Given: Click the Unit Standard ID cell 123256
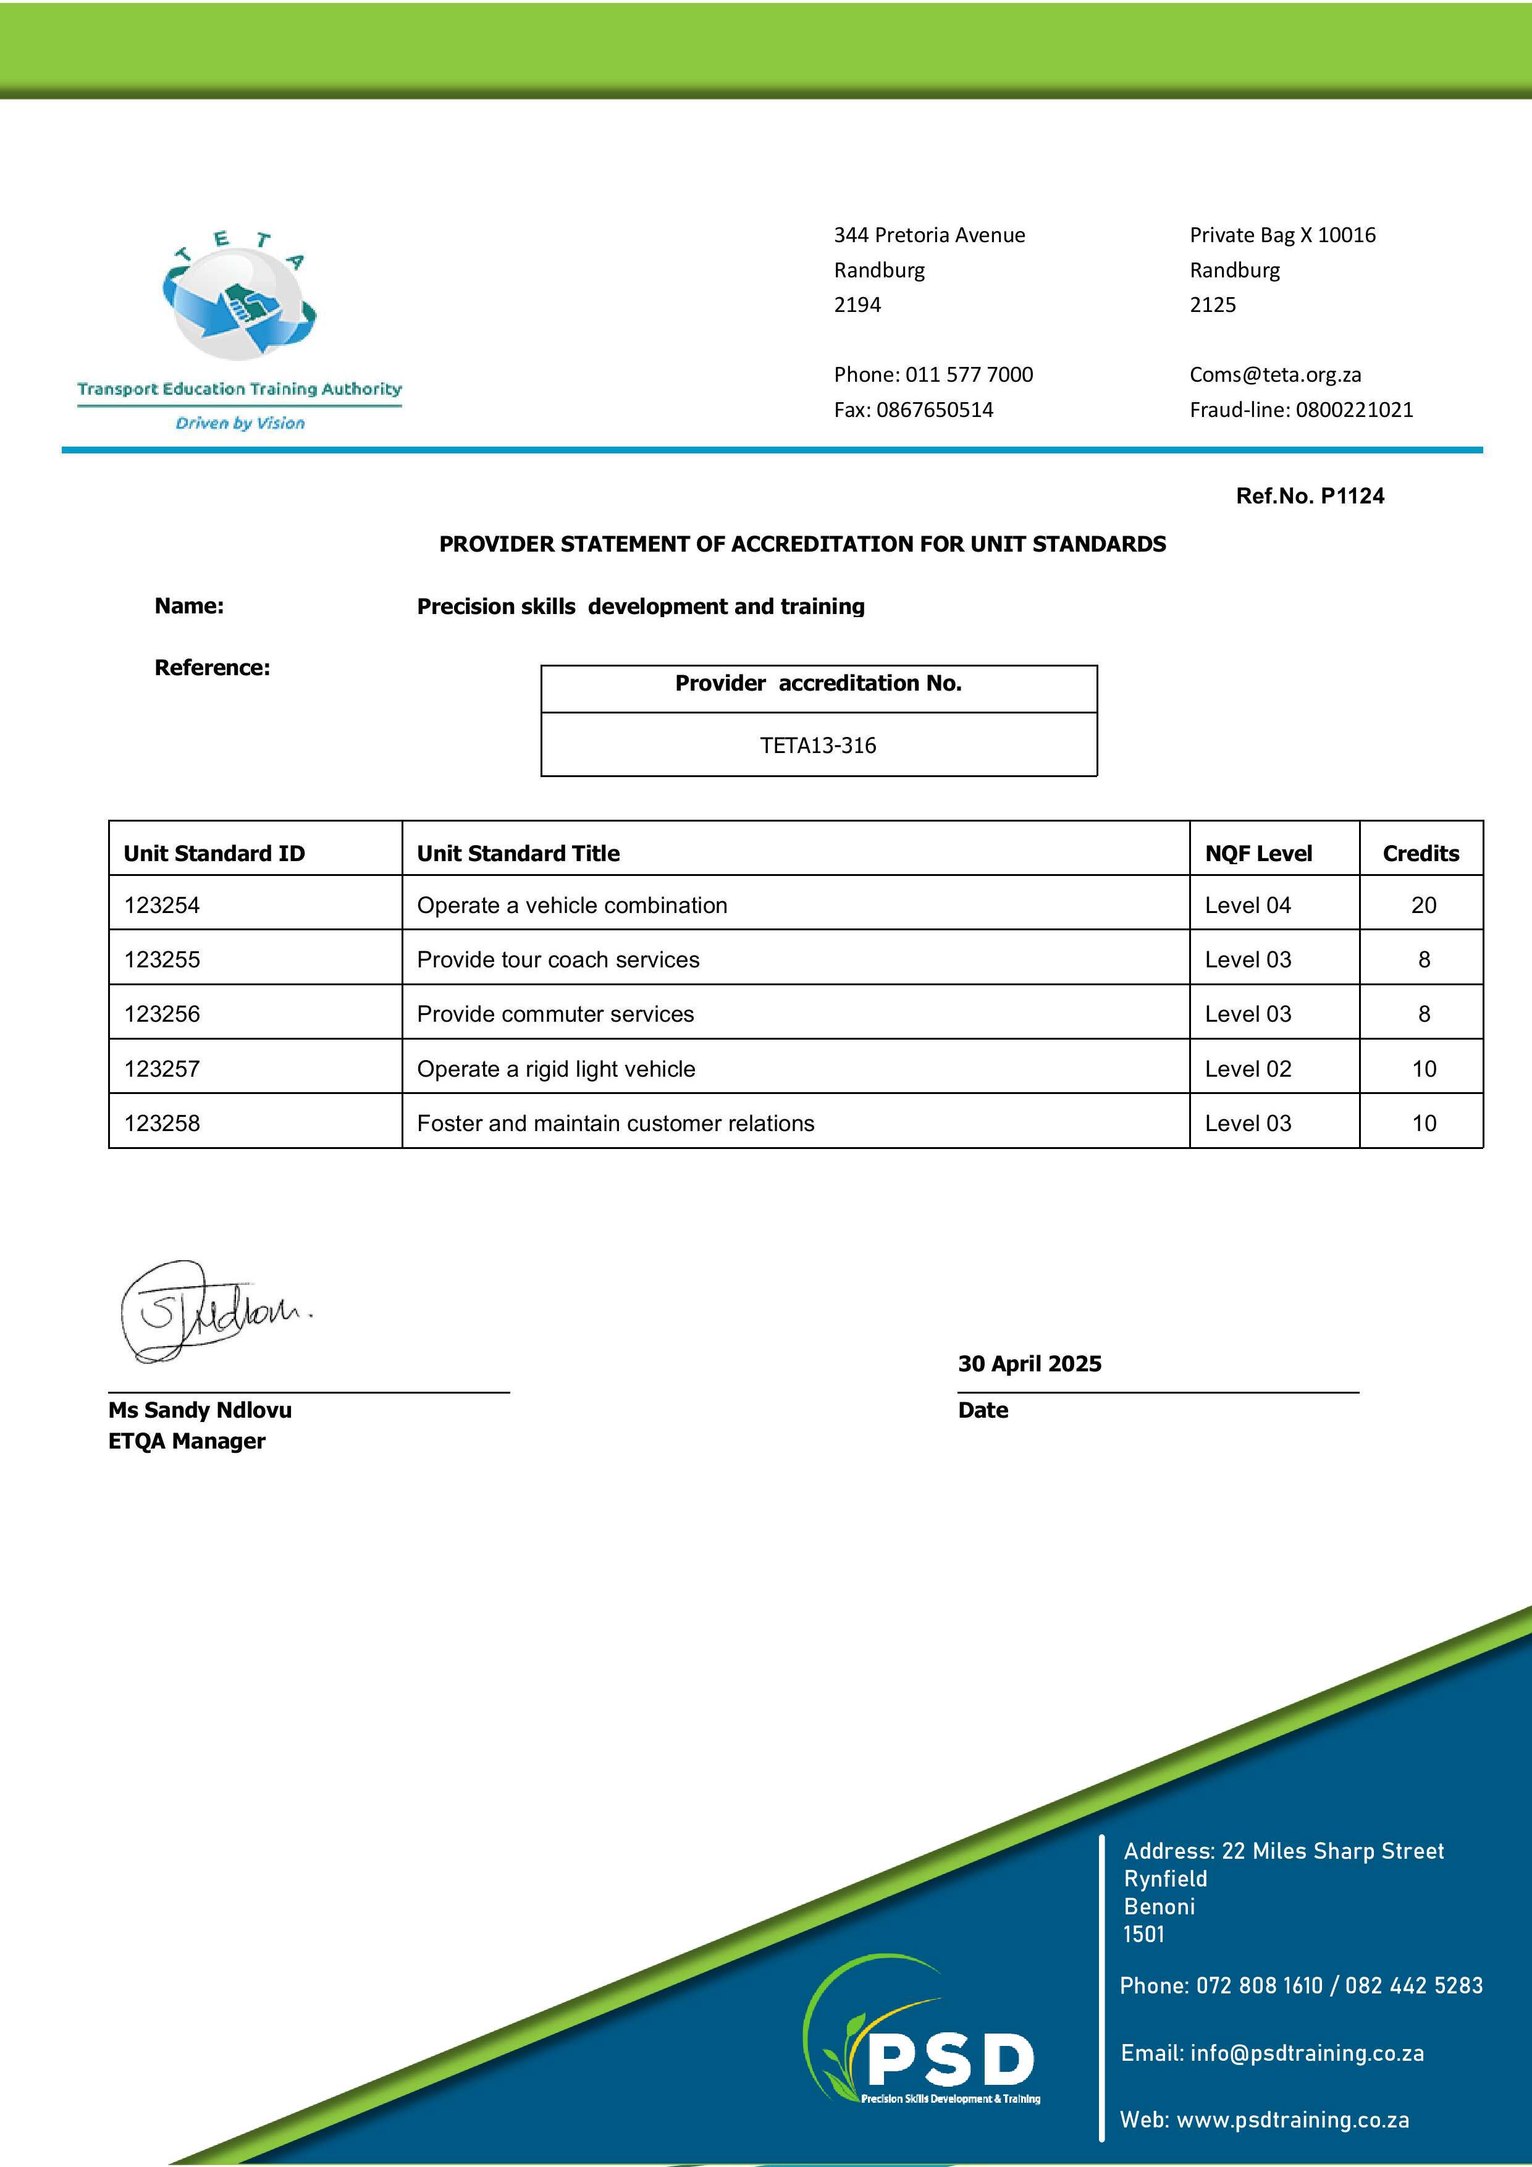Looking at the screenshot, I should (162, 1014).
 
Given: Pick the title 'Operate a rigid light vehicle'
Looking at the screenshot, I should (556, 1069).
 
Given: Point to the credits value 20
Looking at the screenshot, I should (1423, 905).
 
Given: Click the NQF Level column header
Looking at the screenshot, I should (1258, 853).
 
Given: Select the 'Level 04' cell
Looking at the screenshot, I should (1247, 905).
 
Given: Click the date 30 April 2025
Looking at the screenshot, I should (1029, 1364).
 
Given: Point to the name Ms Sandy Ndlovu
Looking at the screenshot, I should (200, 1410).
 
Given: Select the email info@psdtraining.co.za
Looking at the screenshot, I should (1307, 2053).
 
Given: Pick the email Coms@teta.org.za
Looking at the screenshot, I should (1274, 375).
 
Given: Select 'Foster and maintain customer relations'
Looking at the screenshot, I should (615, 1123).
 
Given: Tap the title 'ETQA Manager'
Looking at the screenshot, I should (187, 1441).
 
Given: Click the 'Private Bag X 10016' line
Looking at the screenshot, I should (1282, 235).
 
